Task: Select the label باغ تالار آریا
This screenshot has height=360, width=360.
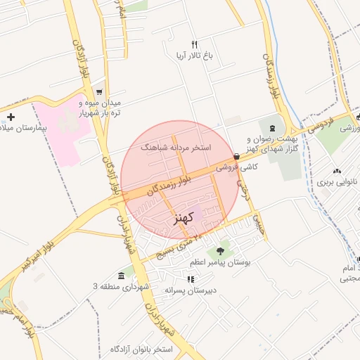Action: pos(189,54)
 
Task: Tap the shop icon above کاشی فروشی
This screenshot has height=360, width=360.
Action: pos(236,157)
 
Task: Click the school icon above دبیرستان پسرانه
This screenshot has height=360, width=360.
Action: pos(191,279)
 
